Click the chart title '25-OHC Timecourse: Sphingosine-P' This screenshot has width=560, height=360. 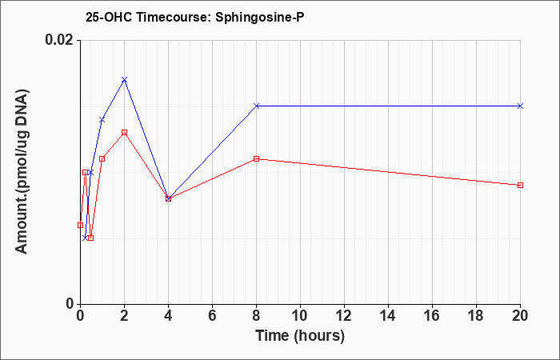pyautogui.click(x=195, y=17)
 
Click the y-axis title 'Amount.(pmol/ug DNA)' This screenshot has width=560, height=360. pyautogui.click(x=22, y=172)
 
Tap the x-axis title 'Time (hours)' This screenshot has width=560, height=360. pyautogui.click(x=300, y=336)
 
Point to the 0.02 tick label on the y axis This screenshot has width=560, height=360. pyautogui.click(x=59, y=40)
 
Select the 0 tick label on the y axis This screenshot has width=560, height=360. pyautogui.click(x=70, y=304)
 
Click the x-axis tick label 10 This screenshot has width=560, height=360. pyautogui.click(x=300, y=316)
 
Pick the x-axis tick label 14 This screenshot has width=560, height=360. pyautogui.click(x=388, y=316)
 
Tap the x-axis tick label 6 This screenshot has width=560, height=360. pyautogui.click(x=212, y=316)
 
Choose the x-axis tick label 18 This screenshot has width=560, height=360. pyautogui.click(x=476, y=316)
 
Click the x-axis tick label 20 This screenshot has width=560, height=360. pyautogui.click(x=520, y=316)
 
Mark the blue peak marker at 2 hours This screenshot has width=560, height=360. pyautogui.click(x=124, y=80)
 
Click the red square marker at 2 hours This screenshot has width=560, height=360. pyautogui.click(x=124, y=133)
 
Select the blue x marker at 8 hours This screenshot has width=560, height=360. pyautogui.click(x=257, y=106)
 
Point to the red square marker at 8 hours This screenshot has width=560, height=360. pyautogui.click(x=257, y=158)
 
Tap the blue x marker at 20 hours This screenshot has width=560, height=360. pyautogui.click(x=520, y=106)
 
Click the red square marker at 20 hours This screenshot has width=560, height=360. pyautogui.click(x=520, y=185)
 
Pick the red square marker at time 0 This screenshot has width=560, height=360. pyautogui.click(x=80, y=225)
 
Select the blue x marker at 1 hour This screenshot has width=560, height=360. pyautogui.click(x=102, y=120)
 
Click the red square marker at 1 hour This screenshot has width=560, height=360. pyautogui.click(x=102, y=158)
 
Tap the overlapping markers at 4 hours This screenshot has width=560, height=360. pyautogui.click(x=169, y=198)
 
